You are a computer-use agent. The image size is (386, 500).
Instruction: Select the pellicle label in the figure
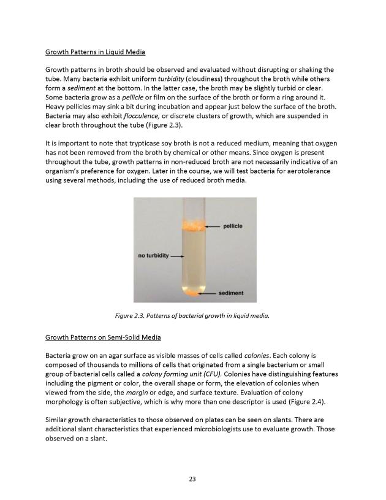point(230,226)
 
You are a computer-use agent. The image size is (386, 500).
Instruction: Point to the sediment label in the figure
point(231,293)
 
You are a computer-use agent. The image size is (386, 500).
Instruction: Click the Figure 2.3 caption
point(192,316)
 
